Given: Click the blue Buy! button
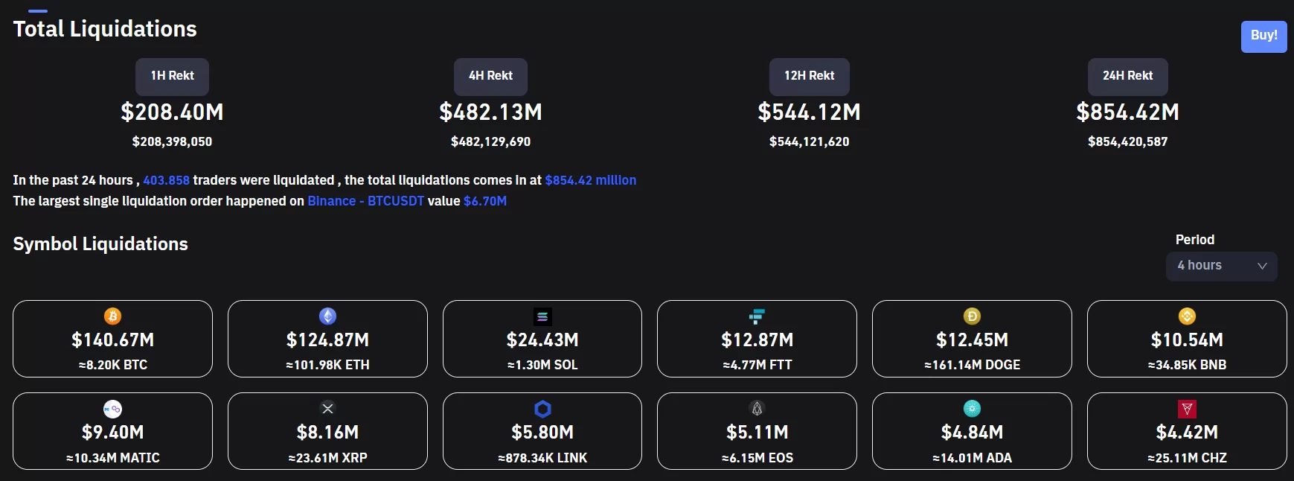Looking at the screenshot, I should tap(1263, 36).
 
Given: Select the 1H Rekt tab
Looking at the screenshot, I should tap(172, 76).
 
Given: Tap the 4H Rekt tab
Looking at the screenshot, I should tap(490, 76).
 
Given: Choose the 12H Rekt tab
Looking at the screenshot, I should tap(809, 76).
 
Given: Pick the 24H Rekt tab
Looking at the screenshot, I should tap(1127, 76).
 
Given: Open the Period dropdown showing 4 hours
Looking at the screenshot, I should tap(1221, 266).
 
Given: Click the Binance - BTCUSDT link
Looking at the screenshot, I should tap(365, 201).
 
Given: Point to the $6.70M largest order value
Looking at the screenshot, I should tap(484, 201).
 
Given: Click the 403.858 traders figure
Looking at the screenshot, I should tap(166, 180).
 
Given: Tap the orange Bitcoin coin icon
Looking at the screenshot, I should tap(112, 316).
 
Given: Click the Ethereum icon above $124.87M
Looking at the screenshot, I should tap(327, 316).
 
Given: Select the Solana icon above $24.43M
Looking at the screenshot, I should tap(542, 316).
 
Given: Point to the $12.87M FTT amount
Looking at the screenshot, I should tap(757, 340).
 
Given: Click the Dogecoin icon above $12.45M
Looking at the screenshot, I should tap(972, 316).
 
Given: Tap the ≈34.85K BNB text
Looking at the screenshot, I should tap(1187, 365).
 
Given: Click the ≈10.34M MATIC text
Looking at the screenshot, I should tap(112, 458).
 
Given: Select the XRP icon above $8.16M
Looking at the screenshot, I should tap(327, 408).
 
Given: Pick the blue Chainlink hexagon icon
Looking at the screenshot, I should tap(542, 409).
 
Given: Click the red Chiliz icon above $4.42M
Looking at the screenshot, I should tap(1187, 409).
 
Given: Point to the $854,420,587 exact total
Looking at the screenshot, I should tap(1127, 141).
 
